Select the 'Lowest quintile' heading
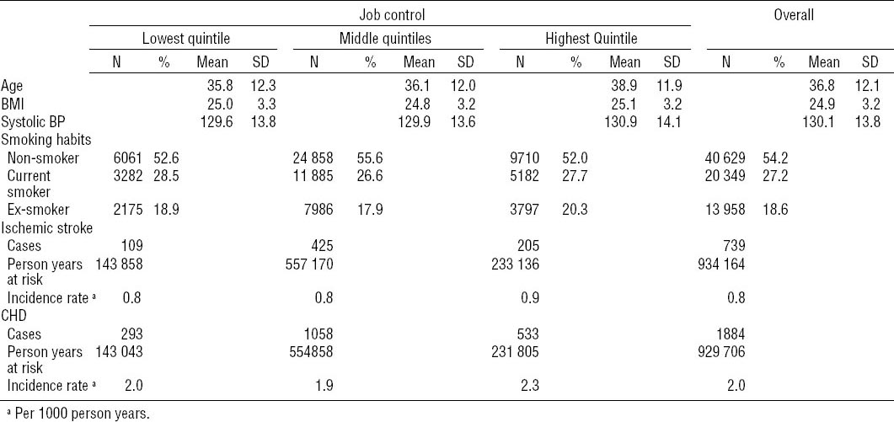tap(185, 38)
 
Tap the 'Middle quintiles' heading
tap(384, 38)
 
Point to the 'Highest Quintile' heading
tap(590, 38)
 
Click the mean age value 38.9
tap(624, 85)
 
